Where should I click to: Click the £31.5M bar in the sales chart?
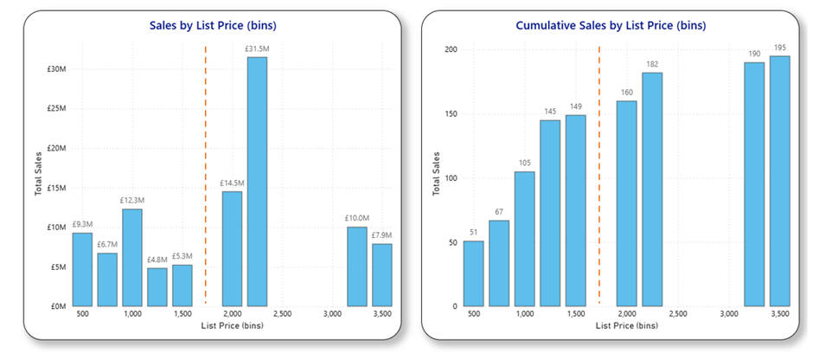pyautogui.click(x=257, y=182)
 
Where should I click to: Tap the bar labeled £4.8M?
pyautogui.click(x=157, y=287)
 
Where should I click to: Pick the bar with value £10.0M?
pyautogui.click(x=356, y=267)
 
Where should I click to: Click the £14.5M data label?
pyautogui.click(x=232, y=183)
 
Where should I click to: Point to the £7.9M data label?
pyautogui.click(x=382, y=235)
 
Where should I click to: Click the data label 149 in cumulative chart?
pyautogui.click(x=576, y=106)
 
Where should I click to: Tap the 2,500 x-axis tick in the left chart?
pyautogui.click(x=282, y=314)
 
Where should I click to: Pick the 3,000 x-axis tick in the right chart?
pyautogui.click(x=728, y=314)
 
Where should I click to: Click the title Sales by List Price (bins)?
pyautogui.click(x=214, y=25)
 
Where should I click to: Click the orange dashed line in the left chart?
pyautogui.click(x=206, y=173)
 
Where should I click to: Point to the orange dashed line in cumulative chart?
pyautogui.click(x=599, y=173)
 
